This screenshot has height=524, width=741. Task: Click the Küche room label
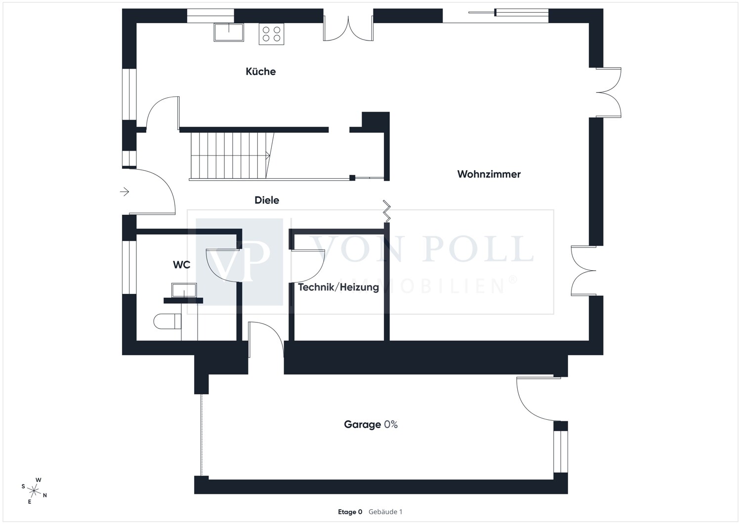point(261,72)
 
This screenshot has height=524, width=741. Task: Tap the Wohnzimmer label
point(489,174)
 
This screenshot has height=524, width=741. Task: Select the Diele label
point(267,200)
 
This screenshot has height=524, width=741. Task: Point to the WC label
point(182,265)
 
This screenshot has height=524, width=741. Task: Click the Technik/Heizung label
point(338,287)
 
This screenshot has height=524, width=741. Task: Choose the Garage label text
point(362,424)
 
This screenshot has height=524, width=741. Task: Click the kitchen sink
point(229,32)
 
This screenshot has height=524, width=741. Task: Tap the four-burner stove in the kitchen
point(271,34)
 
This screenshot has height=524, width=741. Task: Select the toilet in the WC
point(167,321)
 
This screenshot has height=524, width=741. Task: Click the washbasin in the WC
point(184,290)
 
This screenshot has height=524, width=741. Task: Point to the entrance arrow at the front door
point(124,192)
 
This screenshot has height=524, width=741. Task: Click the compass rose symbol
point(34,491)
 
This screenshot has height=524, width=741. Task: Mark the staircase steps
point(232,156)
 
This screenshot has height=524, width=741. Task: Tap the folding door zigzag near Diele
point(387,211)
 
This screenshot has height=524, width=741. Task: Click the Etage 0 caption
point(350,512)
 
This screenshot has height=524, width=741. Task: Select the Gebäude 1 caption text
point(385,512)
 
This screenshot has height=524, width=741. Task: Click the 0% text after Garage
point(391,424)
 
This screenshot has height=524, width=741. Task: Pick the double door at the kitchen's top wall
point(348,29)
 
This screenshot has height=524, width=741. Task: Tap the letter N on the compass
point(45,495)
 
